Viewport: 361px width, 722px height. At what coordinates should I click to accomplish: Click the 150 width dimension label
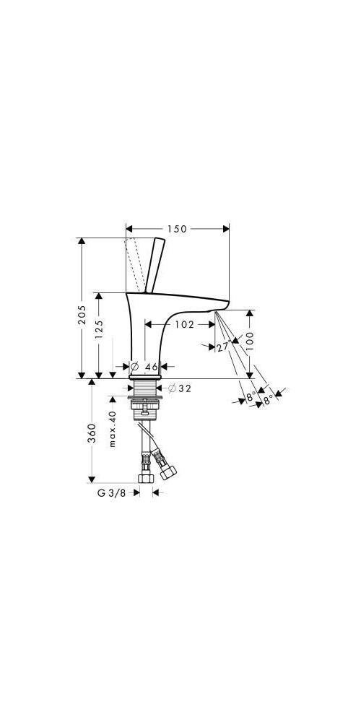(178, 229)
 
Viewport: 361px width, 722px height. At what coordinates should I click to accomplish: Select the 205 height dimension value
(82, 315)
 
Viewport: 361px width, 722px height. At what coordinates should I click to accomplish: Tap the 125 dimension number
(99, 330)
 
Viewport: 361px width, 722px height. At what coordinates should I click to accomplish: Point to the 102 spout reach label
(185, 324)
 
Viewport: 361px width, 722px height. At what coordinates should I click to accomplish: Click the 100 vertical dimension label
(250, 342)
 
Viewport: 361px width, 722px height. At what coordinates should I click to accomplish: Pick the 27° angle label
(223, 346)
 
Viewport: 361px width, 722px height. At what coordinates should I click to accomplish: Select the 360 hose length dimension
(92, 433)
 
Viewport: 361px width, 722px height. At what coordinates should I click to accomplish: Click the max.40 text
(113, 429)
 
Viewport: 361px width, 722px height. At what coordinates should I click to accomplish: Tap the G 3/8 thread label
(111, 492)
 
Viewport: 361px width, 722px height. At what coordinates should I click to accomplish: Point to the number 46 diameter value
(152, 367)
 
